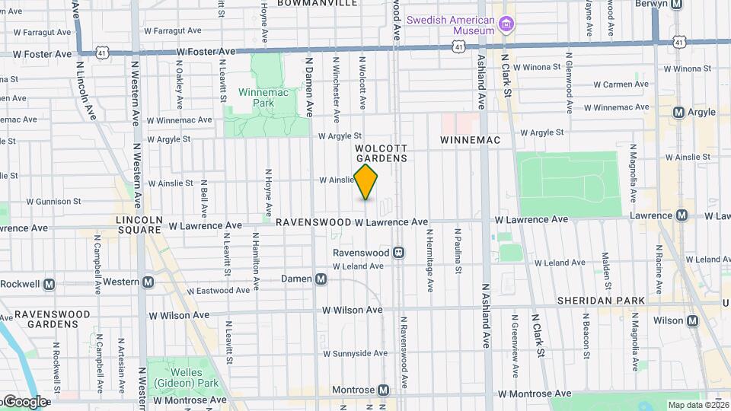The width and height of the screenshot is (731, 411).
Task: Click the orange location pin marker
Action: click(366, 181)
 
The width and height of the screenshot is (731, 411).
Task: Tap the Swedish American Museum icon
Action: click(505, 26)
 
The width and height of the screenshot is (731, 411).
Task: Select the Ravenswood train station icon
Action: click(398, 252)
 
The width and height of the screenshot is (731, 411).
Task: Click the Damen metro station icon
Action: click(321, 279)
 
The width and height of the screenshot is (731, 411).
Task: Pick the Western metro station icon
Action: click(148, 282)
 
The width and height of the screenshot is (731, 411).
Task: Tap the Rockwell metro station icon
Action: click(49, 285)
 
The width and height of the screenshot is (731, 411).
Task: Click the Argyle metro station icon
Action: click(678, 113)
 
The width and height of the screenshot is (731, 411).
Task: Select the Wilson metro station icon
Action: click(693, 321)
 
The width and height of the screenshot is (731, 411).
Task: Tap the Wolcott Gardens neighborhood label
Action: click(381, 153)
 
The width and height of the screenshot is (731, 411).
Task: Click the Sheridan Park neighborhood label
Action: click(601, 301)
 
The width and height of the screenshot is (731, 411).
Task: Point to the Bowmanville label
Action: click(318, 4)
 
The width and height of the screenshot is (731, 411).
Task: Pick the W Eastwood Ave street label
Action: click(219, 291)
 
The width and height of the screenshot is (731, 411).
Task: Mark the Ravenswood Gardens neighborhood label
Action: click(46, 319)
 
